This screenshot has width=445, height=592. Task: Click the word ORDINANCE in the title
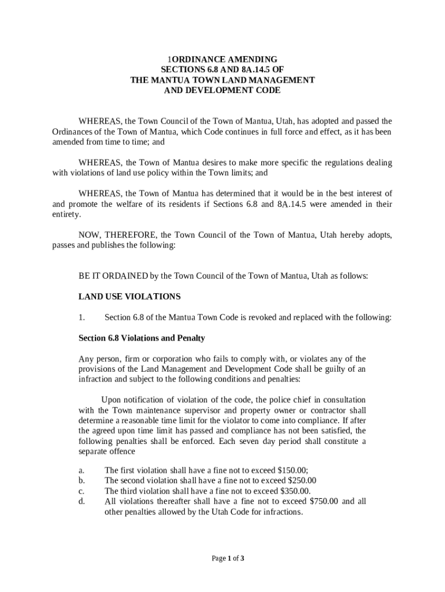tap(196, 60)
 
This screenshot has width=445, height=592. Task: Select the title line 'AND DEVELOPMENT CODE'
tap(222, 91)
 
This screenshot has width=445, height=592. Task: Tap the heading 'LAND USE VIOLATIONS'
tap(129, 297)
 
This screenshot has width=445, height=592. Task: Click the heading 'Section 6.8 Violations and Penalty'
tap(142, 338)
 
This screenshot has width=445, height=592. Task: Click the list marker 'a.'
tap(81, 471)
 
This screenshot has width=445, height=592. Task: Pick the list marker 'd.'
tap(82, 501)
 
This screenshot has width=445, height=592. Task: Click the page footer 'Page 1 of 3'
tap(228, 558)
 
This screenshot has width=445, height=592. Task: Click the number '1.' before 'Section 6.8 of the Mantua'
tap(81, 317)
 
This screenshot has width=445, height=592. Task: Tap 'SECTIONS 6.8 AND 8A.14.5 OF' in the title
tap(222, 70)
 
